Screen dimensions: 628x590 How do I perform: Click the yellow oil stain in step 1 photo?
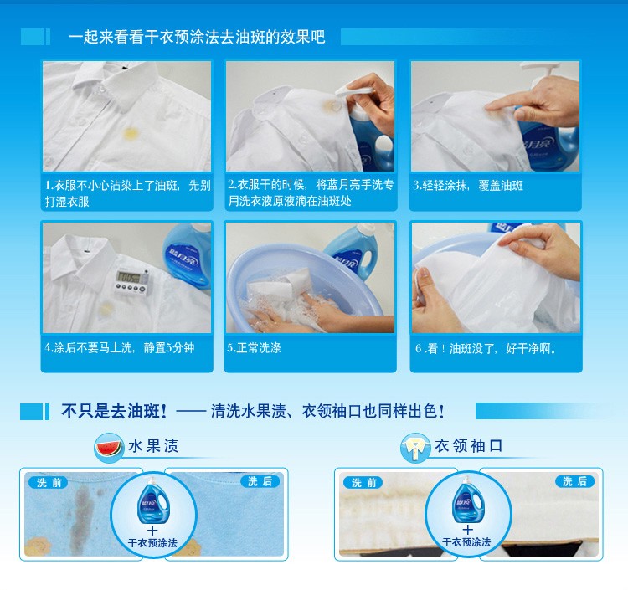pos(131,134)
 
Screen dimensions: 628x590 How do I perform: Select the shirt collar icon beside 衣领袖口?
pos(415,447)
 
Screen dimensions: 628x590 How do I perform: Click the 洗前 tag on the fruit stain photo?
pos(49,482)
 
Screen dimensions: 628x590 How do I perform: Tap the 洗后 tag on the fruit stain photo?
pos(260,481)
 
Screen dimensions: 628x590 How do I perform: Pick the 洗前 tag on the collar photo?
pos(363,482)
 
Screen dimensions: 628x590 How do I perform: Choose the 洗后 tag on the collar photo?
pos(574,481)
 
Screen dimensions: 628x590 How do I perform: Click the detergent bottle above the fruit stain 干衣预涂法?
pos(152,500)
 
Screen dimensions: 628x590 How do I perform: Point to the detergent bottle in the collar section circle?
pos(466,500)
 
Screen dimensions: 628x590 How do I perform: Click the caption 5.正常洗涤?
pos(254,347)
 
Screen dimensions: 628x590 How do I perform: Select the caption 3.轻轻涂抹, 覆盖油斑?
pos(468,185)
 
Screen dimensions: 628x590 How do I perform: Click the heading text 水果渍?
pos(153,446)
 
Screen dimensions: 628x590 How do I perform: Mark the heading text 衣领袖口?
pos(469,445)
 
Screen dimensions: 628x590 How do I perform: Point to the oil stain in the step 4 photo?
pos(106,309)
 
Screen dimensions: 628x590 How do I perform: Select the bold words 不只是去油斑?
pos(114,411)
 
